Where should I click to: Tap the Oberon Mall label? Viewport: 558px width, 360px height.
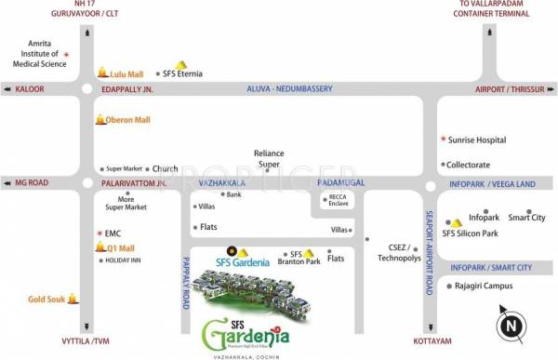(129, 120)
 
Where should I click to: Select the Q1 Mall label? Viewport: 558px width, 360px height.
(121, 248)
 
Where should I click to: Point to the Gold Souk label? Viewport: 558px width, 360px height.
(46, 300)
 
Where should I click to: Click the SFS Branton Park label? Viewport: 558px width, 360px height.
(299, 259)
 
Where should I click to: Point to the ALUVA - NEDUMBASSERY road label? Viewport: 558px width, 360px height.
(289, 88)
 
